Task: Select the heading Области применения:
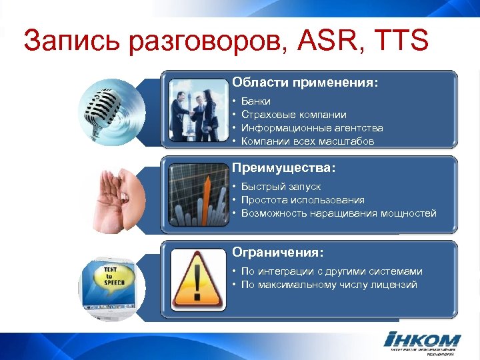pyautogui.click(x=305, y=83)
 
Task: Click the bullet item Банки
pyautogui.click(x=256, y=101)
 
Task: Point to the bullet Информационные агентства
pyautogui.click(x=312, y=128)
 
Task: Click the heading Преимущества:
pyautogui.click(x=283, y=168)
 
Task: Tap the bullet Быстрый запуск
pyautogui.click(x=281, y=187)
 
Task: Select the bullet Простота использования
pyautogui.click(x=303, y=200)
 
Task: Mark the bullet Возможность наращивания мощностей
pyautogui.click(x=339, y=213)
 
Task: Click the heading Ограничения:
pyautogui.click(x=278, y=253)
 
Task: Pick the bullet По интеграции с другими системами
pyautogui.click(x=331, y=271)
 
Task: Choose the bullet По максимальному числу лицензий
pyautogui.click(x=329, y=285)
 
